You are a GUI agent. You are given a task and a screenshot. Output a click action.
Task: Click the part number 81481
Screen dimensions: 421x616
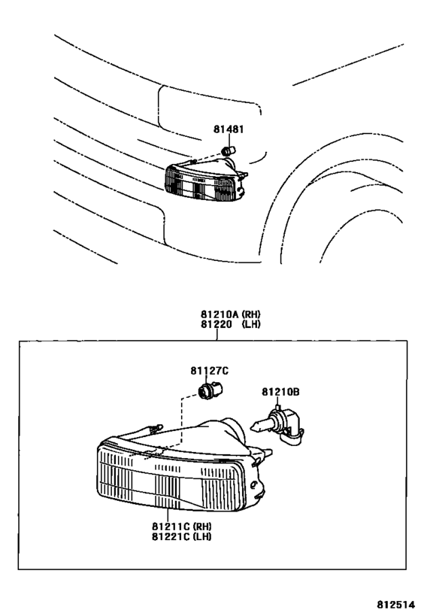coord(229,129)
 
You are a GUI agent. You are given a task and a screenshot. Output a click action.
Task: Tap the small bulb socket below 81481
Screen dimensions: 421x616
coord(229,150)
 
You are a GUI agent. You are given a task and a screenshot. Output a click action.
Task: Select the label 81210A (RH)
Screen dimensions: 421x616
coord(231,314)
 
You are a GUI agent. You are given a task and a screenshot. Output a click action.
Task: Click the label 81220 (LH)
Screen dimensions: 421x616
coord(231,324)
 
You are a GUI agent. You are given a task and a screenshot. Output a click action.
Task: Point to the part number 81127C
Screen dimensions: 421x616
coord(210,371)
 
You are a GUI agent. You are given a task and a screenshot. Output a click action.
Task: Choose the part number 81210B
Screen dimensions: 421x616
coord(280,392)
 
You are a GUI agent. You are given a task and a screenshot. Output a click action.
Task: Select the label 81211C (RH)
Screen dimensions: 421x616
coord(181,526)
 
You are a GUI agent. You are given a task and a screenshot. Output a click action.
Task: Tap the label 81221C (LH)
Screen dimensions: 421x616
coord(181,536)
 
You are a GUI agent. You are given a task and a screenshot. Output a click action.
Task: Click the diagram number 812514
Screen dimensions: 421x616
coord(396,604)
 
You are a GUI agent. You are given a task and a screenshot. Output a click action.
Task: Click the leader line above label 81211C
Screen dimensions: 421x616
coord(168,515)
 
